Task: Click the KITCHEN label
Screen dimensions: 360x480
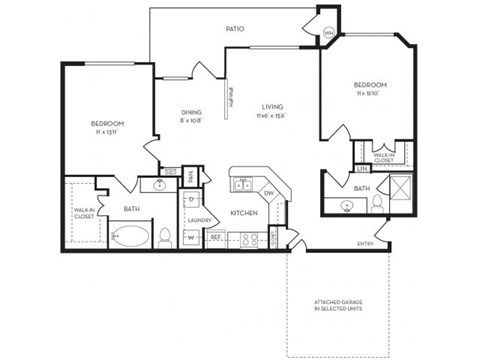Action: [246, 214]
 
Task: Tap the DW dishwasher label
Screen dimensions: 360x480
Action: [268, 192]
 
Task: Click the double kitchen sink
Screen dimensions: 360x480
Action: [242, 184]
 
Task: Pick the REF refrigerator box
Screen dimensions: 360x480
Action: [215, 238]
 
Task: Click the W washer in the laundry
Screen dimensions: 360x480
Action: [190, 238]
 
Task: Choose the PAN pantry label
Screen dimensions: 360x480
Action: [190, 176]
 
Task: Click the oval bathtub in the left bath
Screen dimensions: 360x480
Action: [131, 238]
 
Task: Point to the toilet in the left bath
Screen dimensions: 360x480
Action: [166, 237]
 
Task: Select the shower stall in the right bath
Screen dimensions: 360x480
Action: [398, 188]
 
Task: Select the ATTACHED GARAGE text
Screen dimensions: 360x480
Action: [338, 307]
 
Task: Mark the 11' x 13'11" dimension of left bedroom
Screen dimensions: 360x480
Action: [106, 131]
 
